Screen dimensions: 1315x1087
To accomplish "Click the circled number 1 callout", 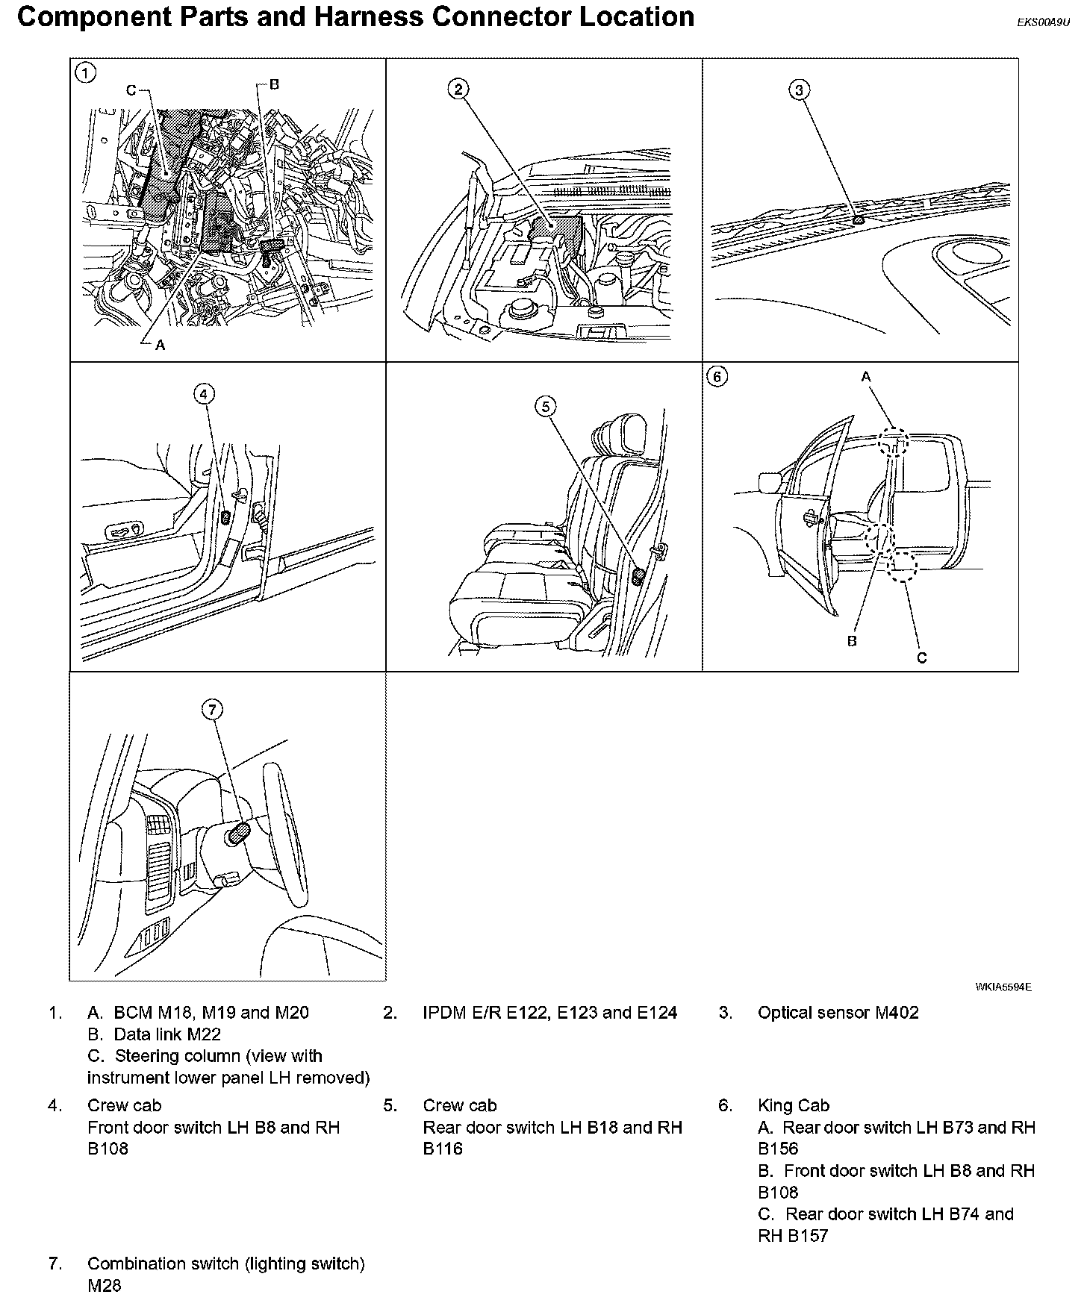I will pyautogui.click(x=87, y=72).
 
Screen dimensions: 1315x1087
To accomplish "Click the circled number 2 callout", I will pyautogui.click(x=458, y=90).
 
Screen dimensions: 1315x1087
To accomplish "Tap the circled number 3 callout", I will pyautogui.click(x=799, y=90).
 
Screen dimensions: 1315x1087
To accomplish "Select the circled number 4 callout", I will pyautogui.click(x=205, y=393).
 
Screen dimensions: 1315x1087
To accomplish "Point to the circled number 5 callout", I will pyautogui.click(x=546, y=406).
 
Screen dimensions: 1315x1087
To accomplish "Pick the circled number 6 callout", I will pyautogui.click(x=717, y=377).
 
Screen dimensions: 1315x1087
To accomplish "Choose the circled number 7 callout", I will pyautogui.click(x=213, y=709).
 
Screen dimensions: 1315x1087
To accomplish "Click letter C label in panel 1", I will pyautogui.click(x=131, y=90).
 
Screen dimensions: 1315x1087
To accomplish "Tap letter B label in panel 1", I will pyautogui.click(x=274, y=84).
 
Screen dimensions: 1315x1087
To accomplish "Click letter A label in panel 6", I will pyautogui.click(x=866, y=378).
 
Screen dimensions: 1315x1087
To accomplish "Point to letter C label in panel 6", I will pyautogui.click(x=921, y=657).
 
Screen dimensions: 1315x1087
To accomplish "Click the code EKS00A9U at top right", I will pyautogui.click(x=1043, y=22).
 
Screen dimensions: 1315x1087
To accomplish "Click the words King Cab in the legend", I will pyautogui.click(x=794, y=1105).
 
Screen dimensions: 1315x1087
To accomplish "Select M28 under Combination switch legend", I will pyautogui.click(x=104, y=1285).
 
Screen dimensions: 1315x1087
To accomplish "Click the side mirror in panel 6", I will pyautogui.click(x=769, y=482).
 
